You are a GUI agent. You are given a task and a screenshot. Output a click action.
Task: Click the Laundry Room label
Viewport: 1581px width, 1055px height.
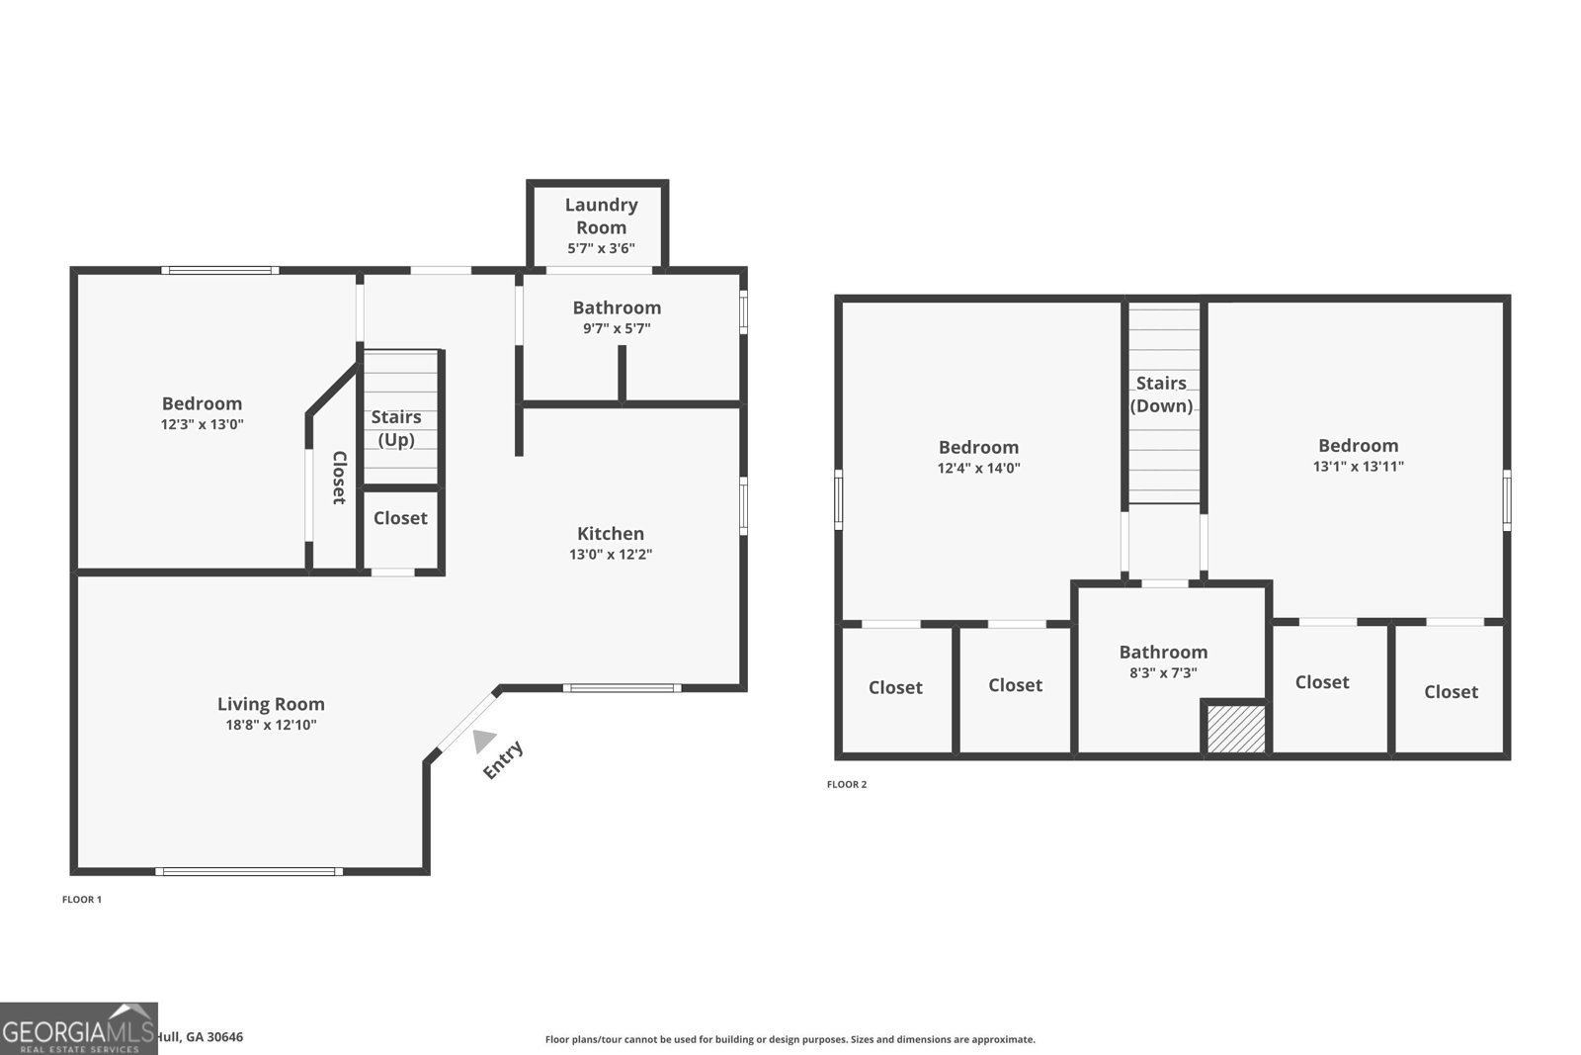click(x=601, y=216)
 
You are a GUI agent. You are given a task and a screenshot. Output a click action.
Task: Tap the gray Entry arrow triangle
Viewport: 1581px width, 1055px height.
click(x=483, y=741)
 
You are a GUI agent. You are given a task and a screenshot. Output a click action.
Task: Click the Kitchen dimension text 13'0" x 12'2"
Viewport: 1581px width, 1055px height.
click(x=610, y=555)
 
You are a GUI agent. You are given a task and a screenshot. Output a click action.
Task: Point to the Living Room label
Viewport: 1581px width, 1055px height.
click(x=271, y=704)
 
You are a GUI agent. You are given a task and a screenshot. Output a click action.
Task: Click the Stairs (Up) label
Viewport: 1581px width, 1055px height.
click(x=396, y=428)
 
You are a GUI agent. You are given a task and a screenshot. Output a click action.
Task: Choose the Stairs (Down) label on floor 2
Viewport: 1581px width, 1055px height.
click(x=1161, y=395)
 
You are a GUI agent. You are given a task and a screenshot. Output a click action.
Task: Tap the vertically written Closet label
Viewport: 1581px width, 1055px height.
click(x=339, y=478)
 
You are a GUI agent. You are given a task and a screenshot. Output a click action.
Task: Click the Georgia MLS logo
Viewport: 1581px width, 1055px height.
click(x=78, y=1029)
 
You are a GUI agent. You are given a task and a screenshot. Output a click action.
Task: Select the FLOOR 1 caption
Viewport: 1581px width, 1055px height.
click(x=82, y=900)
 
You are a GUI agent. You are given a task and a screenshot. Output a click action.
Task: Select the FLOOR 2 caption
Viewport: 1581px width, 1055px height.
click(x=847, y=785)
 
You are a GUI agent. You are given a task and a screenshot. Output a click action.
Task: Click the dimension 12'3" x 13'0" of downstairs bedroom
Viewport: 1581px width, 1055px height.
click(x=202, y=425)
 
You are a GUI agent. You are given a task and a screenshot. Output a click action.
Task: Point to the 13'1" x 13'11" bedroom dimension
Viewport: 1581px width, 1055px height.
click(x=1358, y=467)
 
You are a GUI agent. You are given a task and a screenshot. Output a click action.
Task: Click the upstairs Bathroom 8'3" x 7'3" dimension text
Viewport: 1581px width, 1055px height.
click(x=1163, y=673)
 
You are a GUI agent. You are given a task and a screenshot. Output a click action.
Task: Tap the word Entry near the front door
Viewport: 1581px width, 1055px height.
click(x=503, y=760)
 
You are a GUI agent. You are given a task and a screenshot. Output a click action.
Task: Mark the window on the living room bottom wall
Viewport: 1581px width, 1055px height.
click(x=248, y=871)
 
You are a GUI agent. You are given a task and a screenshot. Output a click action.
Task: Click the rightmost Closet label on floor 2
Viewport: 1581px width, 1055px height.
click(x=1451, y=692)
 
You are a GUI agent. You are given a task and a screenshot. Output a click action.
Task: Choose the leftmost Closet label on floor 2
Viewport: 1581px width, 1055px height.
click(x=895, y=687)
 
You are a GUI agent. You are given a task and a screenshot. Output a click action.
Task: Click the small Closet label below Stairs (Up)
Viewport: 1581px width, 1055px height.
click(x=400, y=518)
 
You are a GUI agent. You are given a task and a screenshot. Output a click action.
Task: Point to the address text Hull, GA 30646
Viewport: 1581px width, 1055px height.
click(x=199, y=1037)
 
